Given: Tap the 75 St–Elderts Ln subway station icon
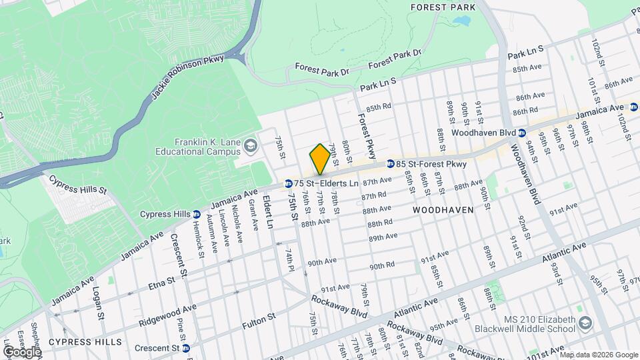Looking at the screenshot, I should tap(288, 183).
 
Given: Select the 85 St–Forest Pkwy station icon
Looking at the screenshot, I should tap(390, 163).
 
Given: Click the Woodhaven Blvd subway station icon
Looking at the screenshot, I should tap(523, 133).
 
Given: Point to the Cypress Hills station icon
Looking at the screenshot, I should tap(196, 215).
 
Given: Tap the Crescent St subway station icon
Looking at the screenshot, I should tap(186, 348).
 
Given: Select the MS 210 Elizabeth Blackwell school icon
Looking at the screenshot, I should tap(585, 323).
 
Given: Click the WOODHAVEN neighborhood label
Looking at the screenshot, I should tap(443, 209).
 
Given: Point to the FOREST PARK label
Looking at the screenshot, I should tap(443, 7).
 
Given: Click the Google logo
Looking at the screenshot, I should tap(21, 351).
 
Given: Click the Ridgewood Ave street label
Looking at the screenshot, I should tap(167, 316).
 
